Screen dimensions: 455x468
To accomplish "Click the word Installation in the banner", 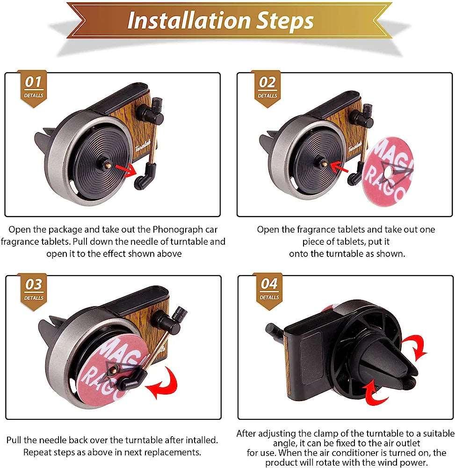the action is coord(188,21).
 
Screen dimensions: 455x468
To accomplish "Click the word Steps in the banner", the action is coord(285,22).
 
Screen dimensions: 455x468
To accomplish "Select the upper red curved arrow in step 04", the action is coord(415,346).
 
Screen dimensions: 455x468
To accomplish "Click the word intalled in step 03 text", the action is coord(202,440).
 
